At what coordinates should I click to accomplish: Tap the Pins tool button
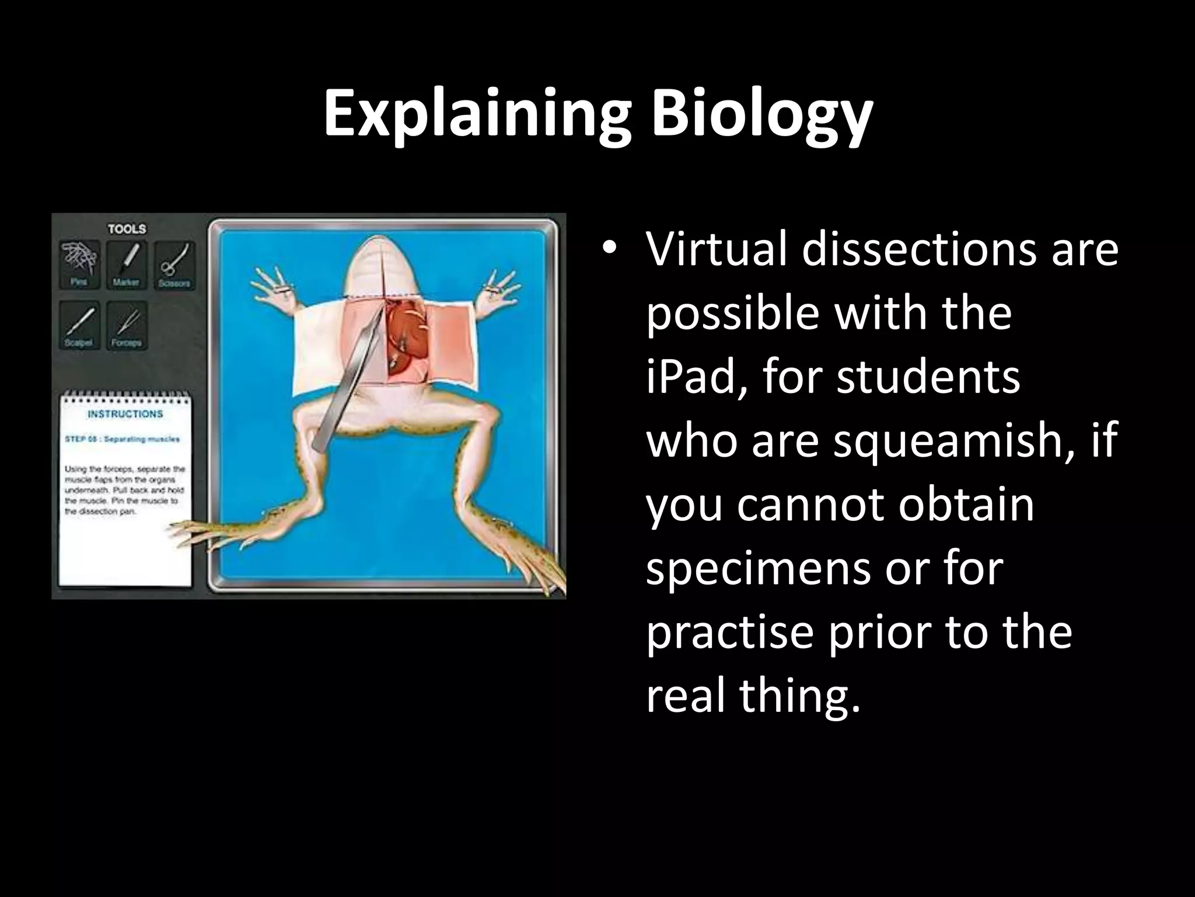tap(79, 264)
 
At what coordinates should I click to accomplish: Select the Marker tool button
tap(126, 264)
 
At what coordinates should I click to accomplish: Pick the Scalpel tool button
tap(79, 325)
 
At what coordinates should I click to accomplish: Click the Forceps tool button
tap(126, 325)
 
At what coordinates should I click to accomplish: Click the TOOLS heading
tap(127, 229)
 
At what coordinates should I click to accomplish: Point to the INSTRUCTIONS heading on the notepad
tap(125, 414)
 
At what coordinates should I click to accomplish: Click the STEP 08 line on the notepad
tap(122, 439)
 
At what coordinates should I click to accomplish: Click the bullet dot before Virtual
tap(610, 251)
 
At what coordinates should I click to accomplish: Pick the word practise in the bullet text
tap(729, 632)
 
